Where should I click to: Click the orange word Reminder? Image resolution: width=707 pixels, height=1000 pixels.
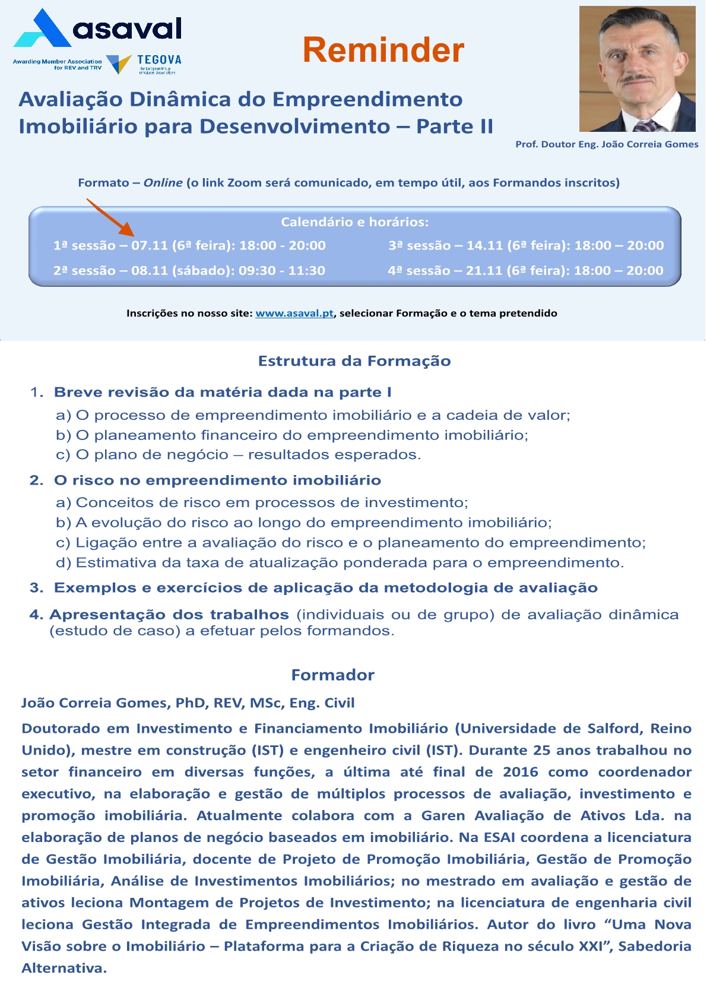(x=383, y=50)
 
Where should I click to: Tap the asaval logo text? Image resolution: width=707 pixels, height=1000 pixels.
(x=127, y=29)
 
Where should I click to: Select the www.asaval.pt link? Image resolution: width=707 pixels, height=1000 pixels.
(x=294, y=313)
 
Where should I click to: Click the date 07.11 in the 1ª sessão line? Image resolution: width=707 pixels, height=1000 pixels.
(x=150, y=245)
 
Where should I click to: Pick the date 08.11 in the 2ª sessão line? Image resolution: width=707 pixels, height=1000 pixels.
(x=150, y=270)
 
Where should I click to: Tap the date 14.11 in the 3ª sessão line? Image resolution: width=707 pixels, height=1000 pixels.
(x=484, y=245)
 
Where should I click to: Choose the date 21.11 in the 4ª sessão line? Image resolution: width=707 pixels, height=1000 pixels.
(x=484, y=270)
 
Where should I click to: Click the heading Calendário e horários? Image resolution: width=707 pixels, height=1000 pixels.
(x=354, y=222)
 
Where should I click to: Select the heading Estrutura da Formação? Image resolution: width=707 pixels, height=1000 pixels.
(x=354, y=361)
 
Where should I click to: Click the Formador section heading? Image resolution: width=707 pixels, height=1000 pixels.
(x=332, y=675)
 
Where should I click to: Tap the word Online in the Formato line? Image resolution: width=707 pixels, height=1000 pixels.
(x=163, y=183)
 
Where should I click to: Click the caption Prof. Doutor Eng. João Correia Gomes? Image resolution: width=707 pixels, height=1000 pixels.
(x=607, y=144)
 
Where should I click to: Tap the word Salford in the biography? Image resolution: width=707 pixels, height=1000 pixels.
(x=613, y=729)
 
